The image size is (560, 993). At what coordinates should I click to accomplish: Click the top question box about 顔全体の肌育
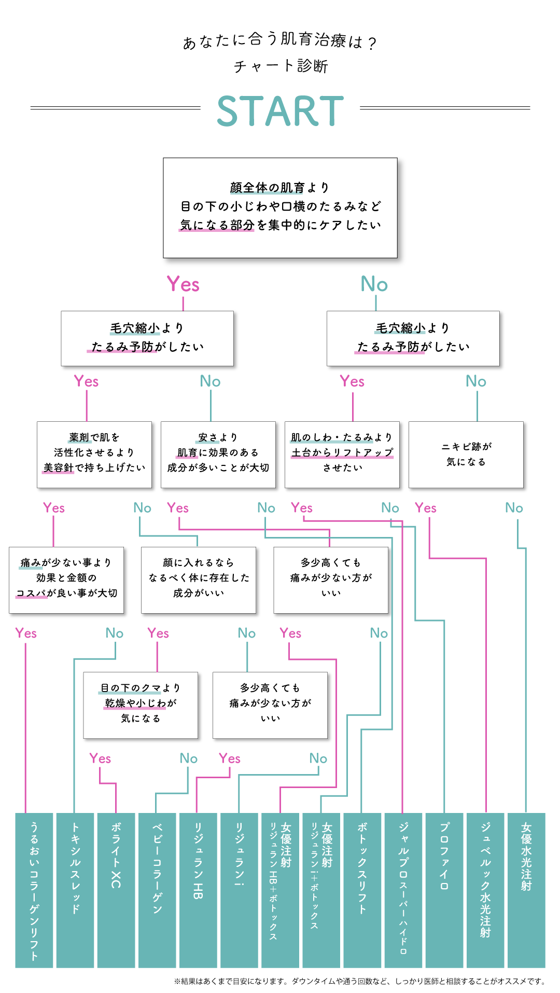pyautogui.click(x=280, y=208)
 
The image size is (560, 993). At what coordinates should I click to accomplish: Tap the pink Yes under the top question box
pyautogui.click(x=183, y=284)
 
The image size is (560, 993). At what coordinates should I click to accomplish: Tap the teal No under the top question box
pyautogui.click(x=374, y=284)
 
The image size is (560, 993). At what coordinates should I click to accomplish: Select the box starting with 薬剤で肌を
pyautogui.click(x=94, y=454)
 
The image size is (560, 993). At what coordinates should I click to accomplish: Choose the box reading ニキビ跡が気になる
pyautogui.click(x=466, y=454)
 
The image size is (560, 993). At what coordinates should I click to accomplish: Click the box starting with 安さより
pyautogui.click(x=218, y=454)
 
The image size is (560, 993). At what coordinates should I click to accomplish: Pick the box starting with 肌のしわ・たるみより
pyautogui.click(x=342, y=454)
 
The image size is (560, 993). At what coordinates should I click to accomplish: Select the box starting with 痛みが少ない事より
pyautogui.click(x=66, y=580)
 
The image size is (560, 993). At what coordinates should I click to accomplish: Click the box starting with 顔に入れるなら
pyautogui.click(x=199, y=580)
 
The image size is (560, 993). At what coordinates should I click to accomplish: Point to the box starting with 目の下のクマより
pyautogui.click(x=141, y=705)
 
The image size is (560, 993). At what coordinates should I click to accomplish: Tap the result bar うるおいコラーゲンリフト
pyautogui.click(x=34, y=890)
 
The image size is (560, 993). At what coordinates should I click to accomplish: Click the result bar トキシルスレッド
pyautogui.click(x=75, y=890)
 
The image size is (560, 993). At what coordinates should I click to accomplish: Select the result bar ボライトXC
pyautogui.click(x=116, y=890)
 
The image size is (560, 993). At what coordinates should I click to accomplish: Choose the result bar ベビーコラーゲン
pyautogui.click(x=157, y=890)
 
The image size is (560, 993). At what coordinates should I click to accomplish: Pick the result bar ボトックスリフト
pyautogui.click(x=362, y=890)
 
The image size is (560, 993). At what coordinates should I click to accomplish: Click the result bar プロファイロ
pyautogui.click(x=444, y=890)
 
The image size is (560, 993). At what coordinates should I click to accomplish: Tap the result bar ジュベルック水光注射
pyautogui.click(x=485, y=890)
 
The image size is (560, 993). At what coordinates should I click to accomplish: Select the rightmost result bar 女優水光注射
pyautogui.click(x=526, y=890)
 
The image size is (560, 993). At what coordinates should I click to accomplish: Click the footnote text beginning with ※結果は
pyautogui.click(x=360, y=981)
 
